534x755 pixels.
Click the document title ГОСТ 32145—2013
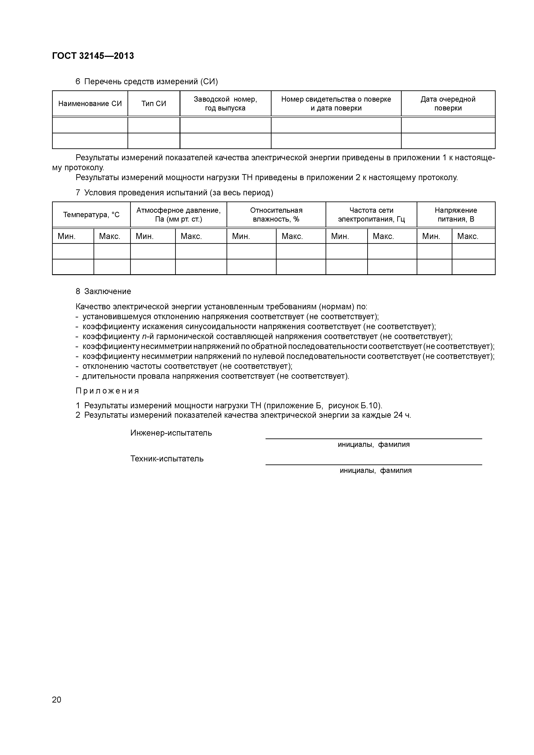[x=93, y=56]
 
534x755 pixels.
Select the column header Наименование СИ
[x=90, y=104]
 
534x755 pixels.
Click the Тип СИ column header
[x=154, y=104]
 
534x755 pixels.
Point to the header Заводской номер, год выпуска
[x=225, y=104]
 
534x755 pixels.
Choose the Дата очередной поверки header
[x=448, y=104]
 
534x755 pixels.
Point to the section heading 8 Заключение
[x=103, y=292]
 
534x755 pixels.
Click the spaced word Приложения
[x=107, y=391]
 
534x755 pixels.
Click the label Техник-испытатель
[x=167, y=459]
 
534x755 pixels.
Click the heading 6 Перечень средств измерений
[x=147, y=82]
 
